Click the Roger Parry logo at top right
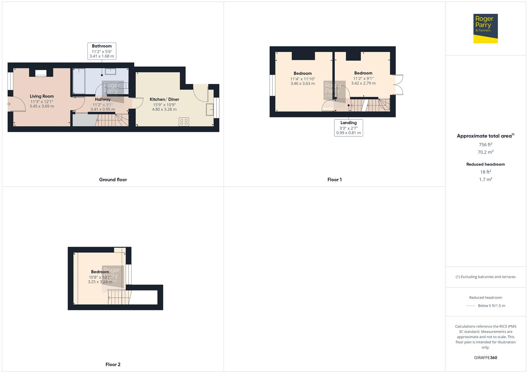click(485, 28)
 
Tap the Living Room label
click(41, 96)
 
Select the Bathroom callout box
click(102, 51)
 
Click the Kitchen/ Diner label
click(164, 99)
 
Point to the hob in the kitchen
click(184, 122)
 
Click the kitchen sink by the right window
click(210, 109)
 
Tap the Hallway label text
click(103, 99)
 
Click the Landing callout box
click(348, 127)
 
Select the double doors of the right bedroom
click(398, 85)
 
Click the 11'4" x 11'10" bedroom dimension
click(303, 79)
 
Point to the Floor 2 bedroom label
click(100, 272)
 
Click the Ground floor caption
click(113, 180)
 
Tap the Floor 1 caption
click(334, 180)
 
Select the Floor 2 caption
click(113, 364)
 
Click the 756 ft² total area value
click(485, 145)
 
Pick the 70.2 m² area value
click(485, 152)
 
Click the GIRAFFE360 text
click(485, 358)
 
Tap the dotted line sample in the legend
click(470, 306)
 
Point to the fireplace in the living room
click(41, 73)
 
